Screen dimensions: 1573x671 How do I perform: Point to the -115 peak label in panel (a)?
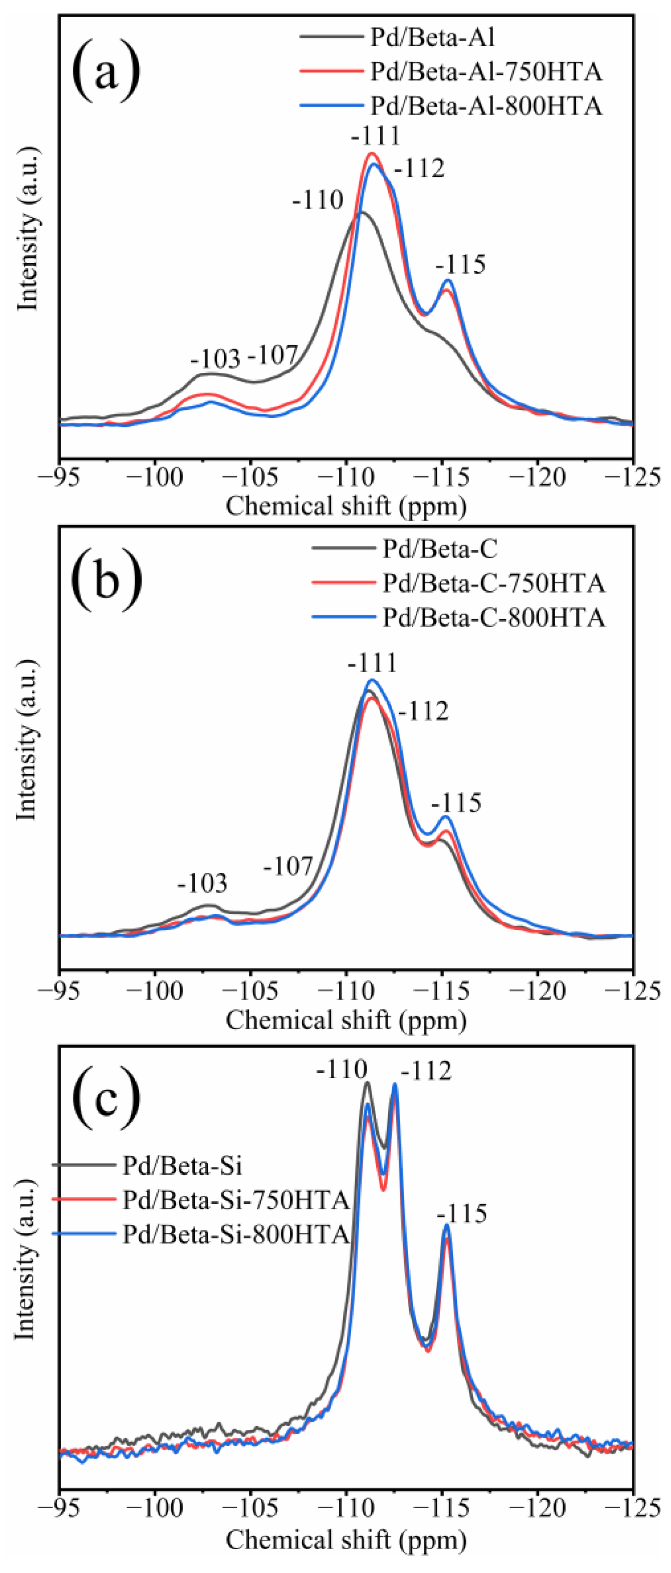[460, 265]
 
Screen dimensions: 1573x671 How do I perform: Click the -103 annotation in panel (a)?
[215, 359]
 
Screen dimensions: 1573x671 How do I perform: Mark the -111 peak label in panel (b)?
[372, 663]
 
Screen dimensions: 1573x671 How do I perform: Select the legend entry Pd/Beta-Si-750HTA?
[236, 1200]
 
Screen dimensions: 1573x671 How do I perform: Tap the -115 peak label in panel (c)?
[462, 1213]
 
